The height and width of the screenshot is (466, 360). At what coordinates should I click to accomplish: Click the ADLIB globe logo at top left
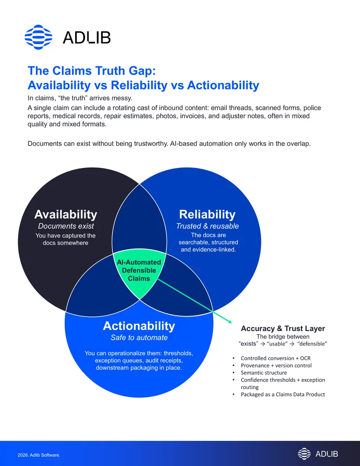38,37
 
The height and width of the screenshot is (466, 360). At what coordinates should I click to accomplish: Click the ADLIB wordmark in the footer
326,454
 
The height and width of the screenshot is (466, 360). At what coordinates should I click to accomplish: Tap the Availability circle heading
66,214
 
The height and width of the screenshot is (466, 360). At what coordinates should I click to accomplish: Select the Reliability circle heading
207,214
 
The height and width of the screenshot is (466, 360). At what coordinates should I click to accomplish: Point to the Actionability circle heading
139,326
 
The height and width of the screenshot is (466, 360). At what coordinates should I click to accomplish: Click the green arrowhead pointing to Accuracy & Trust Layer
229,321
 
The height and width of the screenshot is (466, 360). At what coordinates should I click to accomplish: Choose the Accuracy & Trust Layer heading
283,328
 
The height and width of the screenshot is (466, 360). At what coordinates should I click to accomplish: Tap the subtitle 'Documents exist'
66,226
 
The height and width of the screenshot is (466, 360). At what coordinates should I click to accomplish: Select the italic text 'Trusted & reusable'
207,226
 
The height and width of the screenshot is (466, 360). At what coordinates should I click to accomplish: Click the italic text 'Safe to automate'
139,338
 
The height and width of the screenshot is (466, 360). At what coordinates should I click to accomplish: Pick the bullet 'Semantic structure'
264,373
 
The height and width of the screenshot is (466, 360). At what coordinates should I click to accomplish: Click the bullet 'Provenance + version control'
276,366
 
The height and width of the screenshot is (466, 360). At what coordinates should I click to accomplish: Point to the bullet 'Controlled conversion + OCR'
276,358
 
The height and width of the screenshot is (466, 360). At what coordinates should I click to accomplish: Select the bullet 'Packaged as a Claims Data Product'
283,394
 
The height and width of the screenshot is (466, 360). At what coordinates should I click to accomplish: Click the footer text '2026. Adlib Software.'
39,455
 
